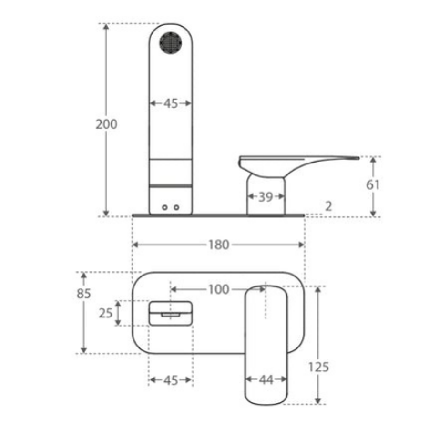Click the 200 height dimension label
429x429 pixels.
coord(106,124)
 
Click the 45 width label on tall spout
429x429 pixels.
coord(171,103)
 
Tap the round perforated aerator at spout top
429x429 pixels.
coord(170,43)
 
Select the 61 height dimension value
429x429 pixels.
coord(373,184)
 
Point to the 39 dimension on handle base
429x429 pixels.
coord(266,196)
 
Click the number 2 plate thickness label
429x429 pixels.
coord(329,206)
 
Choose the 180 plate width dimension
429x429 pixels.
coord(218,245)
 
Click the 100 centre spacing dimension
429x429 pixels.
coord(218,289)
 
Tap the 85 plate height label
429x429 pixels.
coord(84,294)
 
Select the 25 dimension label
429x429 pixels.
coord(105,313)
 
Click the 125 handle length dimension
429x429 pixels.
coord(318,367)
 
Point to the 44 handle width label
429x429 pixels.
coord(266,380)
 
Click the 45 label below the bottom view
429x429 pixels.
coord(171,380)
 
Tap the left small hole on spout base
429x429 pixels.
coord(165,207)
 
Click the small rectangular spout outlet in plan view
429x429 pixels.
coord(170,314)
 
